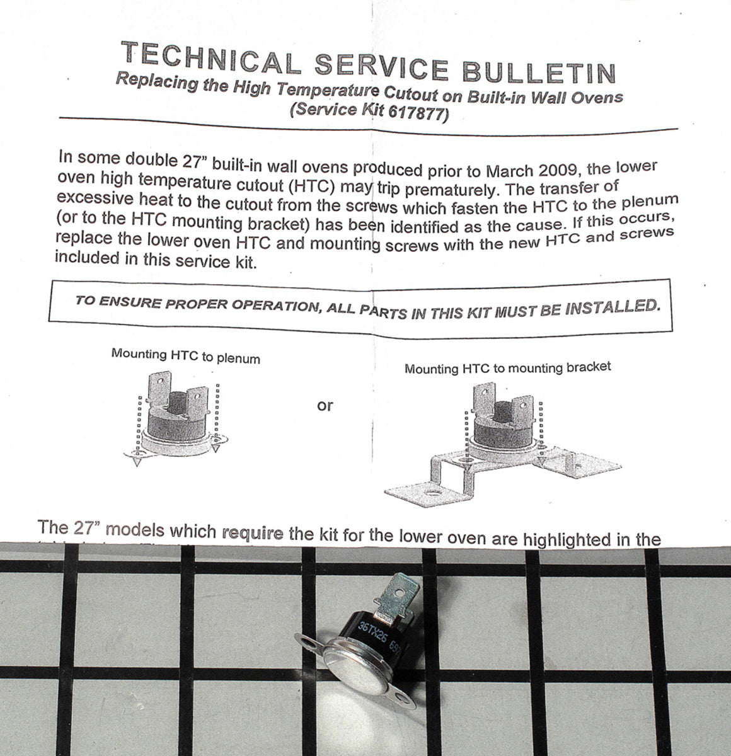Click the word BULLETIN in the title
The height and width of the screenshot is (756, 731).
pyautogui.click(x=539, y=72)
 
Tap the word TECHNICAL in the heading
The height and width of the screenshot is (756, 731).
pyautogui.click(x=211, y=57)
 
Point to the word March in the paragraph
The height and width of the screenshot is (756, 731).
pyautogui.click(x=509, y=171)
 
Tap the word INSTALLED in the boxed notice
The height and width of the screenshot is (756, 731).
pyautogui.click(x=613, y=307)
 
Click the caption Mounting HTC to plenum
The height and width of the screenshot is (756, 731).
pyautogui.click(x=186, y=356)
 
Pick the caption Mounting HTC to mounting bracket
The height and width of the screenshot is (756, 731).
pyautogui.click(x=507, y=367)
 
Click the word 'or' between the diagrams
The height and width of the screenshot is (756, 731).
pyautogui.click(x=325, y=406)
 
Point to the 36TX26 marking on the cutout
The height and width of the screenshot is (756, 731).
pyautogui.click(x=372, y=633)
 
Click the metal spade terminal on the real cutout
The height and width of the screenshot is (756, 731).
pyautogui.click(x=396, y=596)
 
